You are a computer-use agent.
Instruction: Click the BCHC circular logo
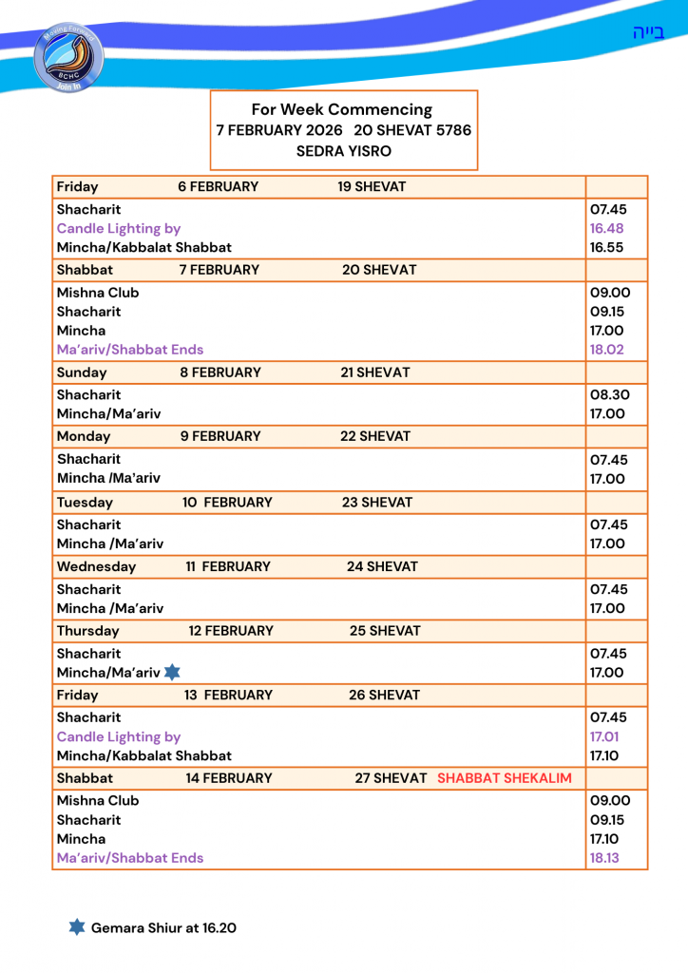(68, 58)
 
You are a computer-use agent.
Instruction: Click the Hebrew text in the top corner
(648, 33)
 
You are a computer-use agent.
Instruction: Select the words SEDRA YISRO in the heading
(343, 151)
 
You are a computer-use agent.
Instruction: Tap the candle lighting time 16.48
(606, 228)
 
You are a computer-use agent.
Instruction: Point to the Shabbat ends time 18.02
(606, 350)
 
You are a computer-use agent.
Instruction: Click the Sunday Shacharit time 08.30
(609, 394)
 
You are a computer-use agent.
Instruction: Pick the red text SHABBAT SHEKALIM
(505, 778)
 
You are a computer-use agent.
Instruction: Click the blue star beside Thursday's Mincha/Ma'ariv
(172, 673)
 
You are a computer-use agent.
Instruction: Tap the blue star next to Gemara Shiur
(77, 926)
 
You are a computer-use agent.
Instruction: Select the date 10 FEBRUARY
(227, 503)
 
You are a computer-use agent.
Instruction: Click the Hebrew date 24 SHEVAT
(382, 566)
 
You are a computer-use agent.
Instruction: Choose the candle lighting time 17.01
(605, 736)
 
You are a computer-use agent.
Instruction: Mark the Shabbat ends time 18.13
(605, 858)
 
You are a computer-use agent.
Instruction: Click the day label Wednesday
(96, 566)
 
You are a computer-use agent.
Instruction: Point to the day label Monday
(84, 436)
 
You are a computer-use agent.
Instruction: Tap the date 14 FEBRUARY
(228, 778)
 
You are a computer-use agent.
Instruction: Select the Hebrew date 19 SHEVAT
(372, 186)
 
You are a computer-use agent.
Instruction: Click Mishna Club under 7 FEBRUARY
(98, 293)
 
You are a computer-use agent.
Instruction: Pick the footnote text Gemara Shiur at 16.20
(163, 927)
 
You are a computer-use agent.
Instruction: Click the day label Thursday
(88, 631)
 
